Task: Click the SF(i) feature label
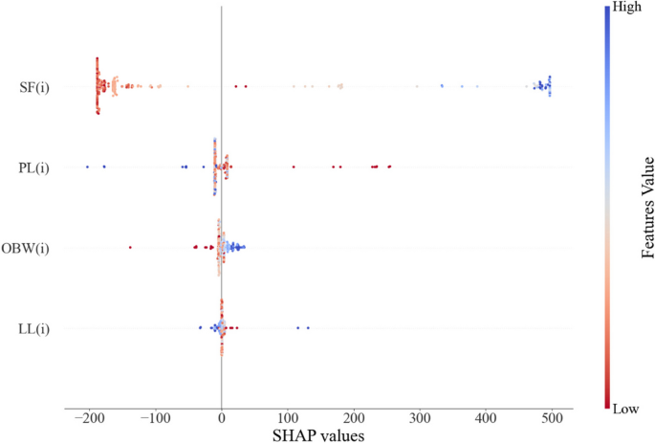coord(33,88)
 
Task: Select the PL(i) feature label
coord(33,168)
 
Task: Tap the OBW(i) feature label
coord(29,249)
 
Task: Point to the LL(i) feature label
coord(33,328)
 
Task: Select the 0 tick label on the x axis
coord(222,419)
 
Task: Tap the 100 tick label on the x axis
coord(288,419)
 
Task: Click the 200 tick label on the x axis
coord(354,419)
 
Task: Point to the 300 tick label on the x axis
coord(420,419)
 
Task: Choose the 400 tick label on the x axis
coord(486,419)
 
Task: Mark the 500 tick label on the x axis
coord(552,419)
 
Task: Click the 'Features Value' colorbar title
coord(645,208)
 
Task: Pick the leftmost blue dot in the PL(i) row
coord(87,167)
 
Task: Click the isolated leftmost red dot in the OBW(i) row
coord(130,248)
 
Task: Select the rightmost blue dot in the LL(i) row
coord(307,328)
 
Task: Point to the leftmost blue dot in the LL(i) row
coord(200,328)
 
